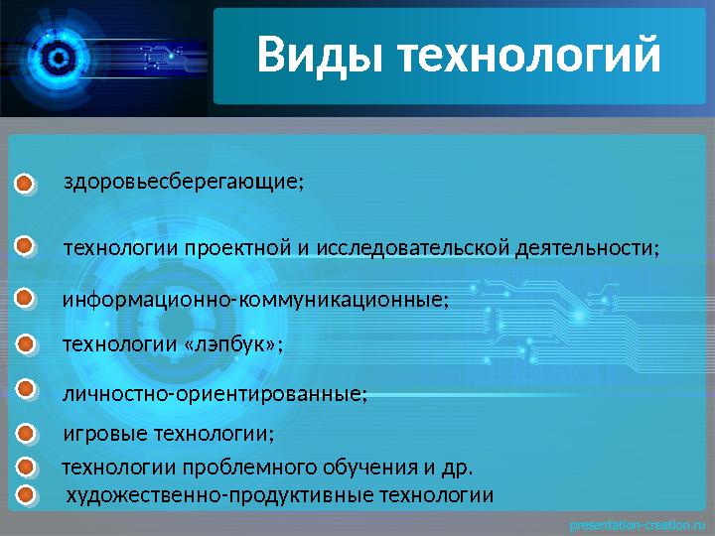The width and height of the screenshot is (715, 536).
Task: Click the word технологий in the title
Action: coord(528,56)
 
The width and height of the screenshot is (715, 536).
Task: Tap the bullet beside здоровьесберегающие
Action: coord(27,184)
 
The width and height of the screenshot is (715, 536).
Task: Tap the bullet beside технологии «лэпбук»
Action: coord(27,344)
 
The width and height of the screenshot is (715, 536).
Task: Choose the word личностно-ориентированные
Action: coord(213,394)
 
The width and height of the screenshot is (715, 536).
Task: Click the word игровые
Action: coord(95,435)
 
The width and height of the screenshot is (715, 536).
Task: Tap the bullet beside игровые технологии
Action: coord(27,434)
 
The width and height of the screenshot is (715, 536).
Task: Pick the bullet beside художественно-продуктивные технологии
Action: coord(27,494)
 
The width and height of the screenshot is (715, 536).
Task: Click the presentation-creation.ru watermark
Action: coord(635,522)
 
